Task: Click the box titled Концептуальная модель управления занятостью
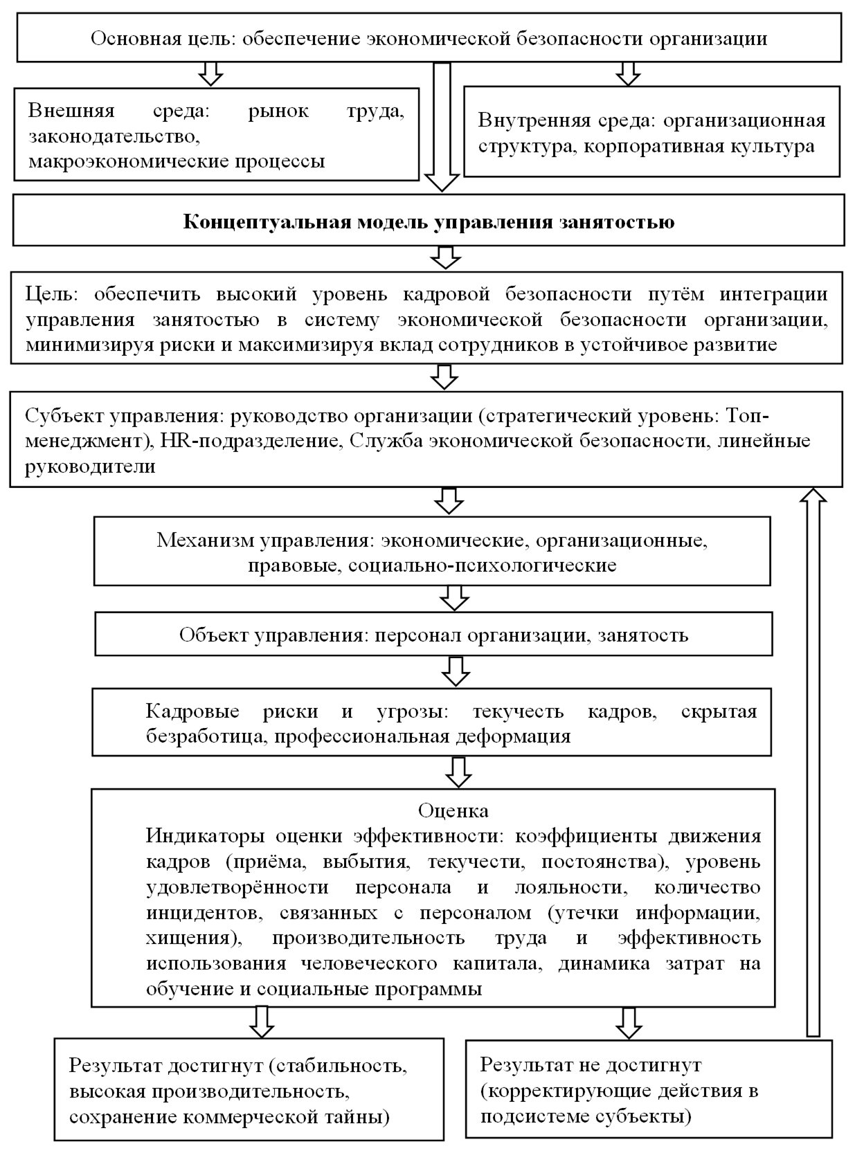pyautogui.click(x=429, y=221)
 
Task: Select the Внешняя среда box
pyautogui.click(x=216, y=135)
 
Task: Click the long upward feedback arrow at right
pyautogui.click(x=813, y=761)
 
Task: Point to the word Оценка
pyautogui.click(x=453, y=810)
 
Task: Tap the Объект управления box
pyautogui.click(x=433, y=635)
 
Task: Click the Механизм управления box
pyautogui.click(x=432, y=552)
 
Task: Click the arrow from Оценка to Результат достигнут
pyautogui.click(x=261, y=1022)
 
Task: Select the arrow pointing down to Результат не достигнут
pyautogui.click(x=628, y=1022)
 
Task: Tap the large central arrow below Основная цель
pyautogui.click(x=441, y=125)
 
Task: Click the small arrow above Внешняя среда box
pyautogui.click(x=210, y=73)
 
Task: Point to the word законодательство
pyautogui.click(x=114, y=136)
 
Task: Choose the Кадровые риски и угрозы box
pyautogui.click(x=431, y=723)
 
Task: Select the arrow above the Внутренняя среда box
pyautogui.click(x=627, y=73)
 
